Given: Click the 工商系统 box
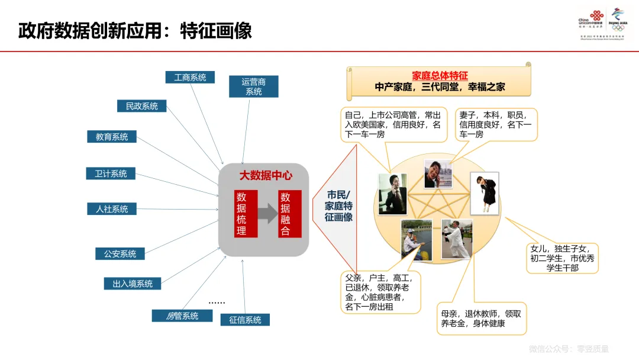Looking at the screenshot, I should click(x=190, y=78).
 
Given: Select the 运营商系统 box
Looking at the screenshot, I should click(x=253, y=86).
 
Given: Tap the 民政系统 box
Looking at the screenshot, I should click(x=141, y=107).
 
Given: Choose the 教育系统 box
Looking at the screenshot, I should click(x=112, y=137).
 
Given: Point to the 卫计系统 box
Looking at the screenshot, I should click(x=111, y=173).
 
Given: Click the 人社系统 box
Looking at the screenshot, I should click(x=112, y=209).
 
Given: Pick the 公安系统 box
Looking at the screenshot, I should click(x=120, y=254).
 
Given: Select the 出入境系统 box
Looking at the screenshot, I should click(x=133, y=284).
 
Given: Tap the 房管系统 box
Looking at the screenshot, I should click(x=182, y=316).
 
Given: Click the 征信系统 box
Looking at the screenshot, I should click(x=245, y=320).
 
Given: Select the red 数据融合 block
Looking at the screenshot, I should click(x=289, y=214).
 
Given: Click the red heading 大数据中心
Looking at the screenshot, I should click(x=265, y=176).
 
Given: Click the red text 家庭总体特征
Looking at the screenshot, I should click(x=440, y=76).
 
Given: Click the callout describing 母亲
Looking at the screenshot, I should click(x=481, y=319).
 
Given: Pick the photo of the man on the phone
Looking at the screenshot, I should click(x=392, y=194).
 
